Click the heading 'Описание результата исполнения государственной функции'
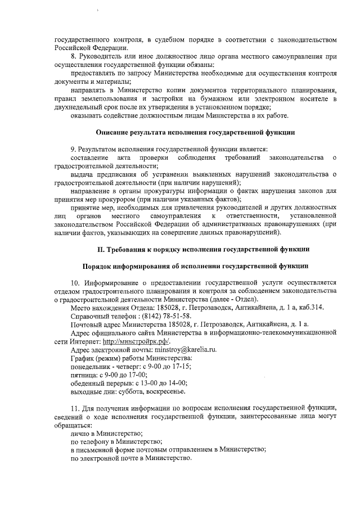[x=195, y=132]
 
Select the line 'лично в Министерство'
[x=106, y=434]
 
